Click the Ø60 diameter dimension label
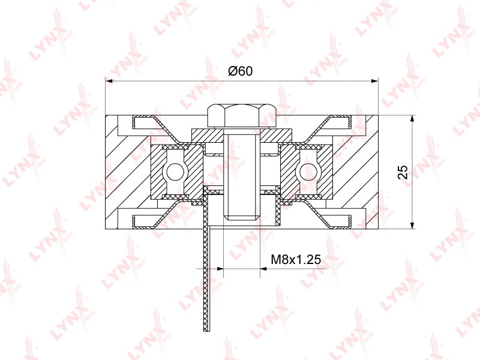241,71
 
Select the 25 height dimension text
403,172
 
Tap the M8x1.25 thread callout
296,260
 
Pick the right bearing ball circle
308,172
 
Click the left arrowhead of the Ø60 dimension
109,81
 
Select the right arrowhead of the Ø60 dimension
374,81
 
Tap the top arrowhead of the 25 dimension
413,119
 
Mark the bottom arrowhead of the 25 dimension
413,226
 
